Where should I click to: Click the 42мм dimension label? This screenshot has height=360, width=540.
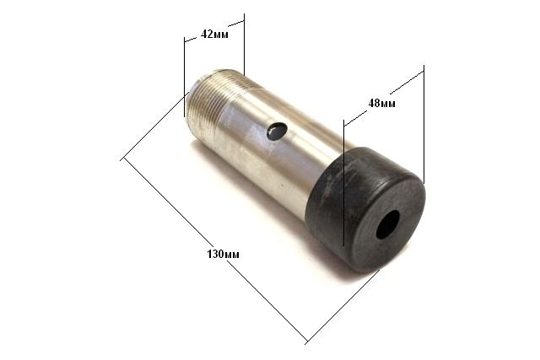[214, 34]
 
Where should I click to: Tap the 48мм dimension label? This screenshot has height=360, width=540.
[382, 103]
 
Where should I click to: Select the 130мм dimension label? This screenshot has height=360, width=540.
[223, 255]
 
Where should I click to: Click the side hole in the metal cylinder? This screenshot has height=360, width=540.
[277, 131]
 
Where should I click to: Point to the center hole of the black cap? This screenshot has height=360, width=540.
[388, 225]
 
